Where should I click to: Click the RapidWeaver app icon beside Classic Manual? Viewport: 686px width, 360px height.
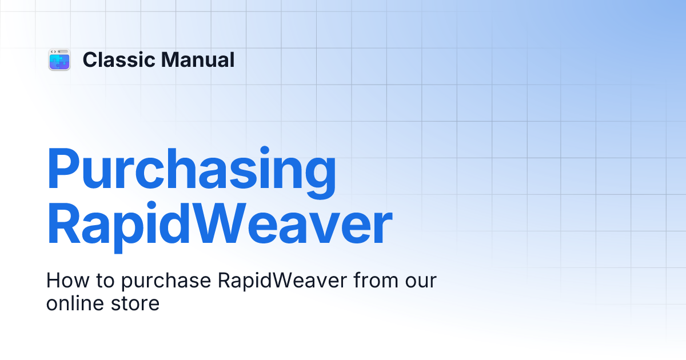[x=59, y=60]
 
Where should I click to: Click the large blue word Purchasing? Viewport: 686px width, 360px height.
[x=192, y=170]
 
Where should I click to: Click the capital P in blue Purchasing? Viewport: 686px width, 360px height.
[x=63, y=170]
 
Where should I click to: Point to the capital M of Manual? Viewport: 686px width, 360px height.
[x=170, y=60]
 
